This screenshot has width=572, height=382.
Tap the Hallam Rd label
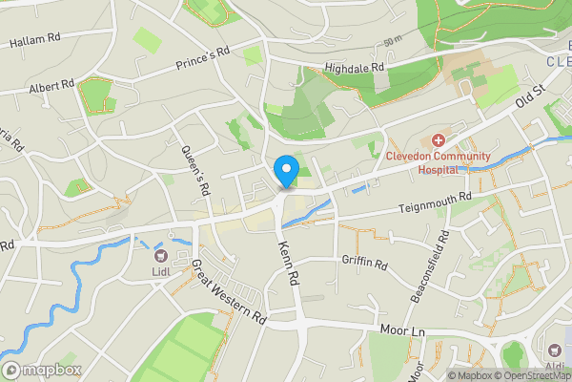coord(35,41)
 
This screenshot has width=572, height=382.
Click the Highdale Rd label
coord(353,68)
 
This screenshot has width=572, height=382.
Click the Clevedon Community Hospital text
coord(438,161)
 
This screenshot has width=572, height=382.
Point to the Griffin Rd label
coord(365,261)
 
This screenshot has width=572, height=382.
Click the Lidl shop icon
coord(159,254)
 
